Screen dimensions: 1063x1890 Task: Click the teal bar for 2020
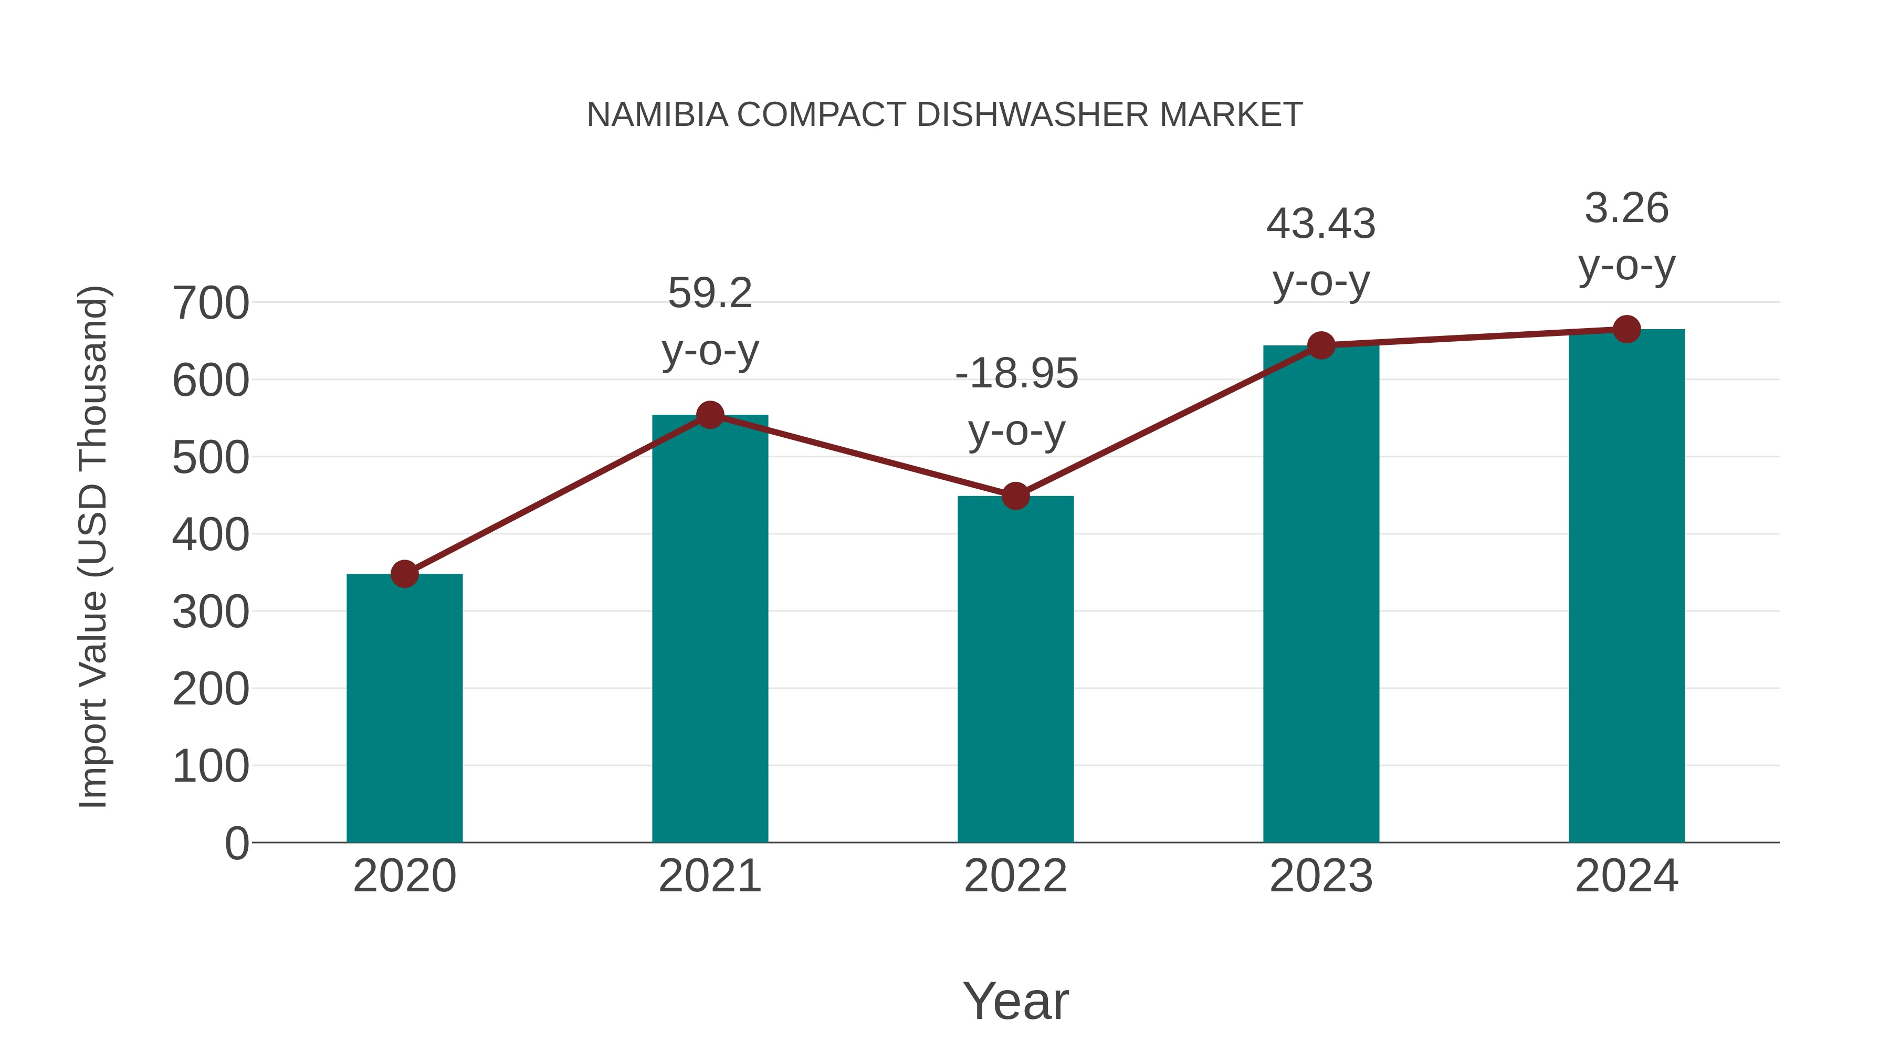404,708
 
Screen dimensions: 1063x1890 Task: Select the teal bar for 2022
1015,669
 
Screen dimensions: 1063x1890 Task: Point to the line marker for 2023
1321,345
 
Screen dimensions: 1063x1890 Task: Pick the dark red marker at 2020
404,574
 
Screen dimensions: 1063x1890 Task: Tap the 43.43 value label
1321,224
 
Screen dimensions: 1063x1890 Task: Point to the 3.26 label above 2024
1626,208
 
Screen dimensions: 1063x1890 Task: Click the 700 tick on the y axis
211,303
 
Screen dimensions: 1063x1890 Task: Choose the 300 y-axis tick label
211,612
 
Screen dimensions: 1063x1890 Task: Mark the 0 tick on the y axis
236,843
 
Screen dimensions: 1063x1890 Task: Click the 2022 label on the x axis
1015,876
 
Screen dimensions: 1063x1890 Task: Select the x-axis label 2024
1626,876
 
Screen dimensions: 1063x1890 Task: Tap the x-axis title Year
1015,1002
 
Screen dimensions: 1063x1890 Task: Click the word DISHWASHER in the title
1032,115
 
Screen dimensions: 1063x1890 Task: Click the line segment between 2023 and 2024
1473,338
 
